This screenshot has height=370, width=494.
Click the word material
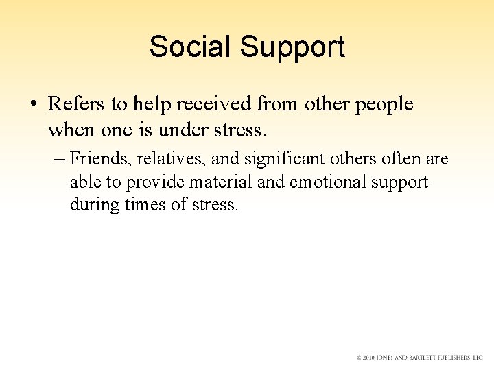222,182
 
